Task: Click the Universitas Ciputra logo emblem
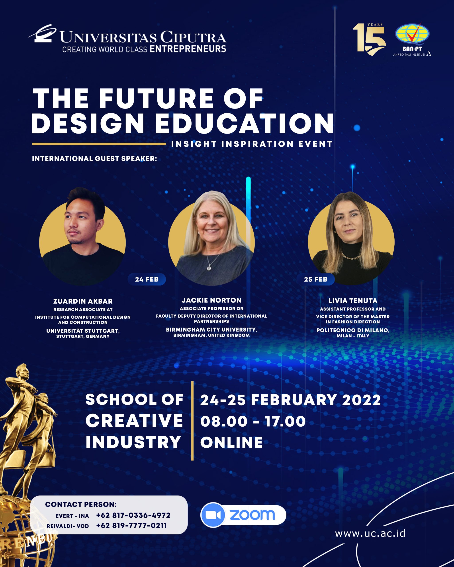point(43,33)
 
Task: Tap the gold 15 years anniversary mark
point(369,39)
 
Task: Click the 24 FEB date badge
point(147,279)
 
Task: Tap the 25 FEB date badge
point(316,279)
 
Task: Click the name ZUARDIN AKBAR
point(83,301)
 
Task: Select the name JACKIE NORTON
point(211,300)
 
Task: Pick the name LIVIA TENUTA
point(353,301)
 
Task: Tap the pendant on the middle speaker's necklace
point(209,268)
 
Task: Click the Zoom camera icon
point(213,515)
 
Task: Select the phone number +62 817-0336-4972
point(133,515)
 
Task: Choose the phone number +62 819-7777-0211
point(131,525)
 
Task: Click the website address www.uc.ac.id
point(370,534)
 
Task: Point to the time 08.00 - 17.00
point(253,421)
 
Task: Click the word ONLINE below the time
point(232,442)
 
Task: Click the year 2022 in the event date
point(361,400)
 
